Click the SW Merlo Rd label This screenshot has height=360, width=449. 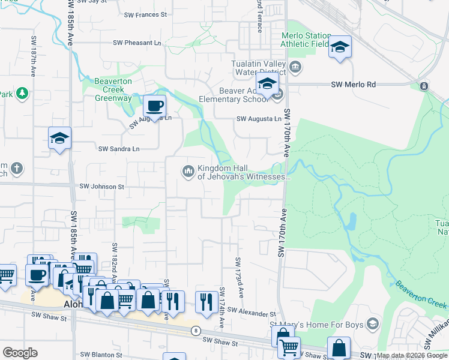[353, 85]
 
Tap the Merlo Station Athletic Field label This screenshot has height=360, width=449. [306, 40]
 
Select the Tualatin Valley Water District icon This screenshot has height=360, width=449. [295, 66]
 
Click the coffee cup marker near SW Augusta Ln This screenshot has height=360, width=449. [154, 107]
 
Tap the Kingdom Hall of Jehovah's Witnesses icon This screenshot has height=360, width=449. [188, 172]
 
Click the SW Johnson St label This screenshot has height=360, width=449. [102, 187]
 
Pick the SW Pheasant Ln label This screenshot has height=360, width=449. [137, 43]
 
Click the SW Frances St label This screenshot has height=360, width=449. [145, 14]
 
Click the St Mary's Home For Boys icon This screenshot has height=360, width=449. [373, 325]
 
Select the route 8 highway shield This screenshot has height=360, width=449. [196, 331]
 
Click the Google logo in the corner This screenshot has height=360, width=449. [20, 353]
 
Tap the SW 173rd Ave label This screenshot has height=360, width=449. [240, 277]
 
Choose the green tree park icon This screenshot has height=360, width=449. [22, 93]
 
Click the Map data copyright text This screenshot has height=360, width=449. [412, 356]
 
